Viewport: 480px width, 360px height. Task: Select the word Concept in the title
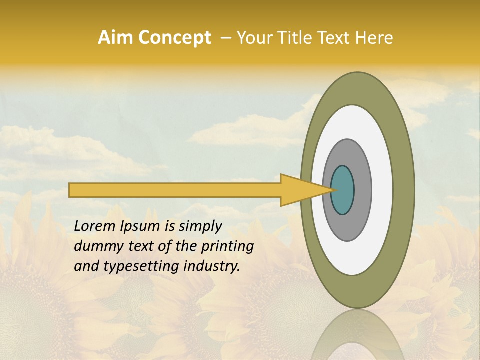click(175, 38)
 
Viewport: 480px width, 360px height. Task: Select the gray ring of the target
click(362, 190)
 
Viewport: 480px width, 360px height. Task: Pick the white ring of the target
click(382, 190)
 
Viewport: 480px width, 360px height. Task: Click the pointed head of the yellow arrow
click(300, 190)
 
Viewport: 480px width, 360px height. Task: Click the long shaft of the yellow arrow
click(175, 190)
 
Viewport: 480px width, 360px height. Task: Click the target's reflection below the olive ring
click(357, 335)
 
